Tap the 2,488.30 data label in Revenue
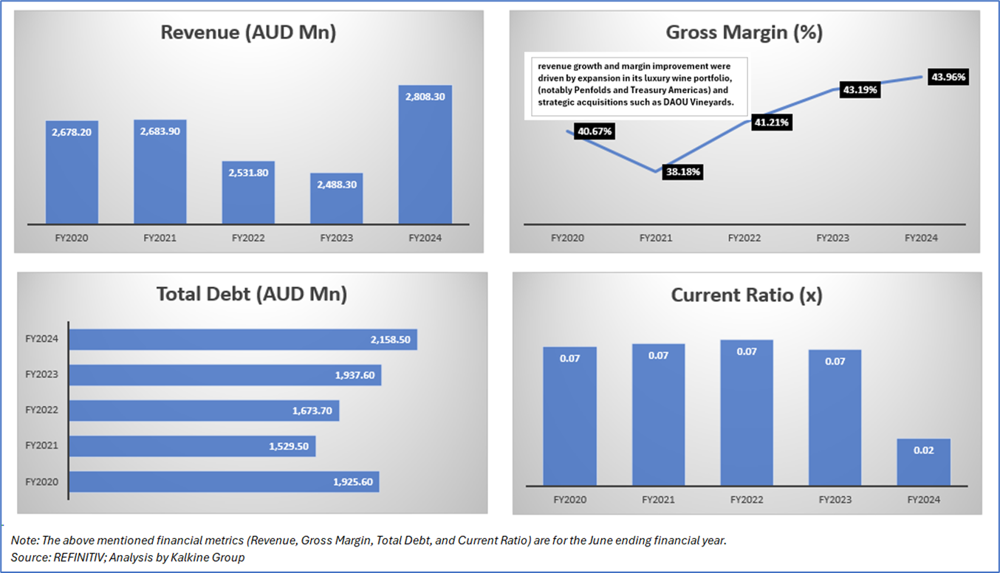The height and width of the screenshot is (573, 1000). point(336,185)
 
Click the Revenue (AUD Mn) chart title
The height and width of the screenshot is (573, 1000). point(248,33)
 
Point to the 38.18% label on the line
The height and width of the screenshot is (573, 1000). point(682,172)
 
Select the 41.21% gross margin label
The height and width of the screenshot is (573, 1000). point(771,123)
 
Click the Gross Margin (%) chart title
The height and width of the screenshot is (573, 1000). point(744,33)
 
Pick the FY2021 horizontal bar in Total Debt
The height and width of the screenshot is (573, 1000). point(192,446)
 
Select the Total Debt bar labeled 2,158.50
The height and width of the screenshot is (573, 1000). point(244,340)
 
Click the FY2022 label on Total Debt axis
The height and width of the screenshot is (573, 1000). point(42,410)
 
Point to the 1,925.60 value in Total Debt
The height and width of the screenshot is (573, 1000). point(354,482)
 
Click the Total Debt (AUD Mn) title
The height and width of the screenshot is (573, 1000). point(251,294)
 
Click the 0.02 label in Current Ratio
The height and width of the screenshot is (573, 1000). point(923,450)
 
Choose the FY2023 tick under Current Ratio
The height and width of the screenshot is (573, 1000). point(835,500)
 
